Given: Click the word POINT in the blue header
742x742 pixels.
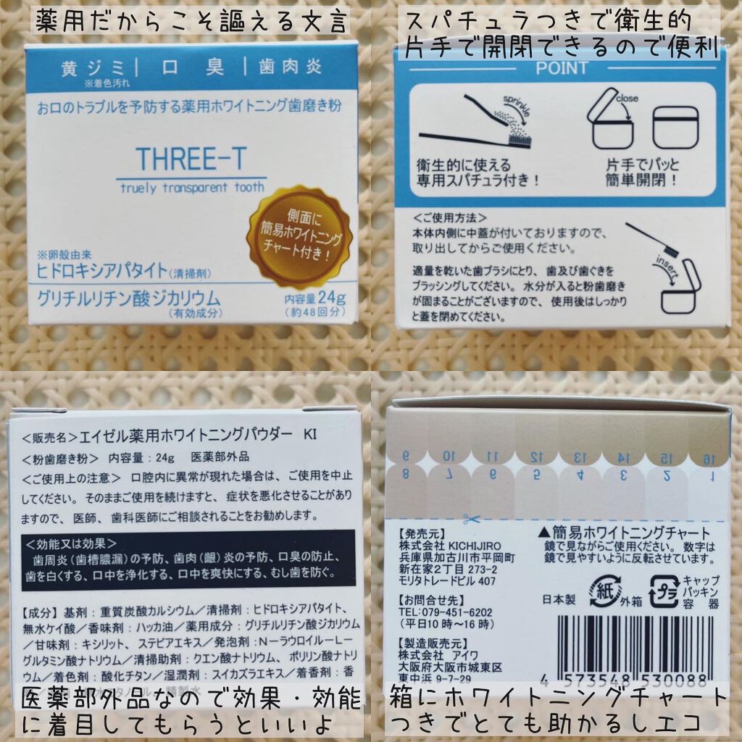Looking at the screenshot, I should point(562,68).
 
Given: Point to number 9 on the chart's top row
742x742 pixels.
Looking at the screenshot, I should point(406,456).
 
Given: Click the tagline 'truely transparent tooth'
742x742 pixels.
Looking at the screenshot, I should point(192,186).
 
